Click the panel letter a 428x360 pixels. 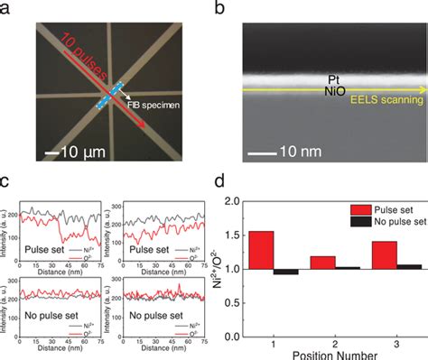pos(6,8)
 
